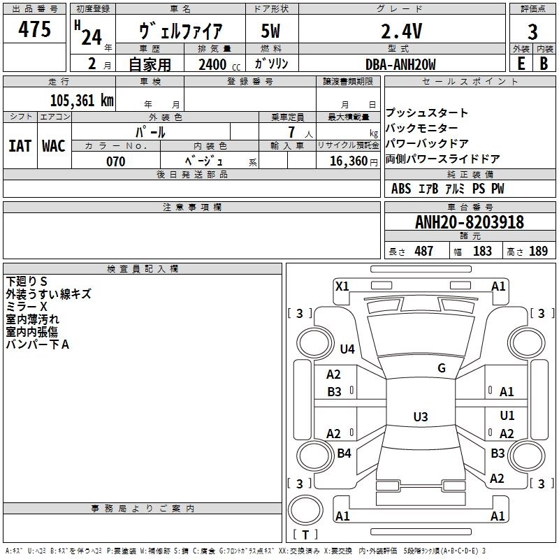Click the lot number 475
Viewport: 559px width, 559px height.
[34, 30]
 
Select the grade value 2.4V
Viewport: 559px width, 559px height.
[400, 31]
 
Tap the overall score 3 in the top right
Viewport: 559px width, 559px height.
[532, 31]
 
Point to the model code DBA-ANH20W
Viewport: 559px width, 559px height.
[400, 64]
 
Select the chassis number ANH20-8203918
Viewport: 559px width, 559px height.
[469, 223]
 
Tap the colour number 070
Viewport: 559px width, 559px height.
[115, 161]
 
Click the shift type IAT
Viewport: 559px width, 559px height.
[20, 146]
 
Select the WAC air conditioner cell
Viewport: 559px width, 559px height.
[54, 146]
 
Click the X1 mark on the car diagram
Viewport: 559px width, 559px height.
[342, 286]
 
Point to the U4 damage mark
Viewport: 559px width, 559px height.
[347, 349]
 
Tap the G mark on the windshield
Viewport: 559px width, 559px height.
[442, 368]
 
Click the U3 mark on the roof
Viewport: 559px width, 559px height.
[420, 417]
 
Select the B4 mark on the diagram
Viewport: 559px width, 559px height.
[344, 453]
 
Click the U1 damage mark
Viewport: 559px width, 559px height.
[507, 416]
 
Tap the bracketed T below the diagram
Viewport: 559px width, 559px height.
[305, 535]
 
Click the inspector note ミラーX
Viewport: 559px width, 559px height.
[27, 307]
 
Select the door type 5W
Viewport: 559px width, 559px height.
[271, 31]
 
